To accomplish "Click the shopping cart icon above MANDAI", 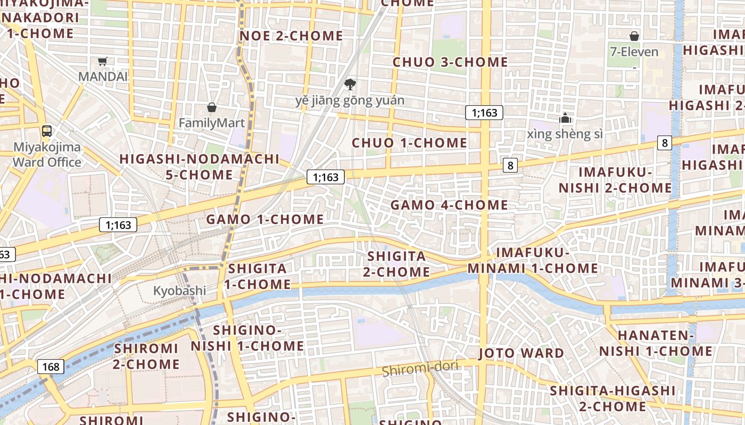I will [103, 61].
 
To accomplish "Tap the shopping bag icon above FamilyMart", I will [212, 108].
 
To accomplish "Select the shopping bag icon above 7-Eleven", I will [634, 36].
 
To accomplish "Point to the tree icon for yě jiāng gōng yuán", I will [350, 84].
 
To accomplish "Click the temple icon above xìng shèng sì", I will [565, 118].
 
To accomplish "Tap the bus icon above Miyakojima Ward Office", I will [47, 131].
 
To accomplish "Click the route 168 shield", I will [51, 367].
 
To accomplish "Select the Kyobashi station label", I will [179, 291].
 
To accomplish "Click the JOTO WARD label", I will [521, 353].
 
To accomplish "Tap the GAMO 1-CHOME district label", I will [264, 219].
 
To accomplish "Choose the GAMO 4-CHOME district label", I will [449, 205].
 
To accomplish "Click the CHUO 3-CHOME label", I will [450, 62].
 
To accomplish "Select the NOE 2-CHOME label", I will [291, 36].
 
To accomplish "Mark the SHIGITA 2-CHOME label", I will [396, 264].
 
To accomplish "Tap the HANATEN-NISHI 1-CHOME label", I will [656, 343].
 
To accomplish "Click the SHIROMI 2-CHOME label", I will [146, 356].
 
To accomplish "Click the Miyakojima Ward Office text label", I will [47, 155].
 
